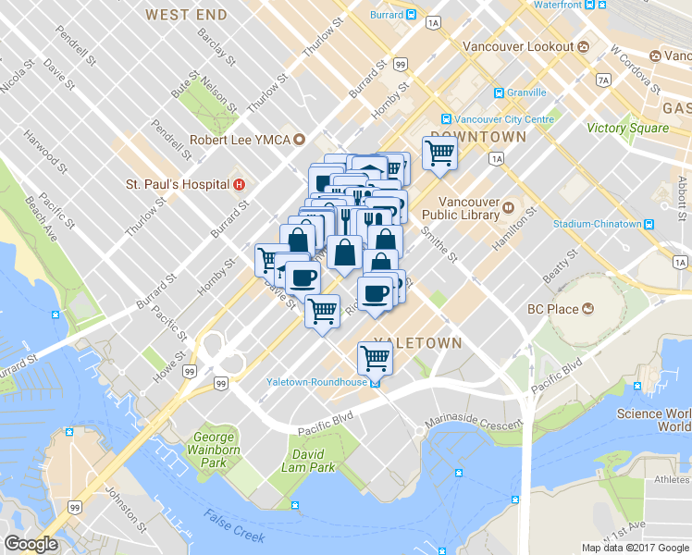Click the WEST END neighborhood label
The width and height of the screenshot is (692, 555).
pyautogui.click(x=186, y=15)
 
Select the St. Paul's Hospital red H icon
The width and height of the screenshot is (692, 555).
pyautogui.click(x=240, y=184)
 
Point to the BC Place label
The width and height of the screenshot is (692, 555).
pyautogui.click(x=551, y=309)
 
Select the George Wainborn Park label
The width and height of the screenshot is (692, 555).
pyautogui.click(x=215, y=449)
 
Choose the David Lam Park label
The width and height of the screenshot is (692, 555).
pyautogui.click(x=309, y=461)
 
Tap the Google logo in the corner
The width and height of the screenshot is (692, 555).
pyautogui.click(x=31, y=544)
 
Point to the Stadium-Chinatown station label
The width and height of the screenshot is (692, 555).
pyautogui.click(x=596, y=224)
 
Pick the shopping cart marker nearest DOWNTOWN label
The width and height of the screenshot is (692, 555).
pyautogui.click(x=439, y=154)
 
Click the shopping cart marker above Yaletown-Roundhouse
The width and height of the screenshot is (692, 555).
pyautogui.click(x=375, y=356)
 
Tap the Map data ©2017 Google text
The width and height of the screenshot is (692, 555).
pyautogui.click(x=635, y=548)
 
